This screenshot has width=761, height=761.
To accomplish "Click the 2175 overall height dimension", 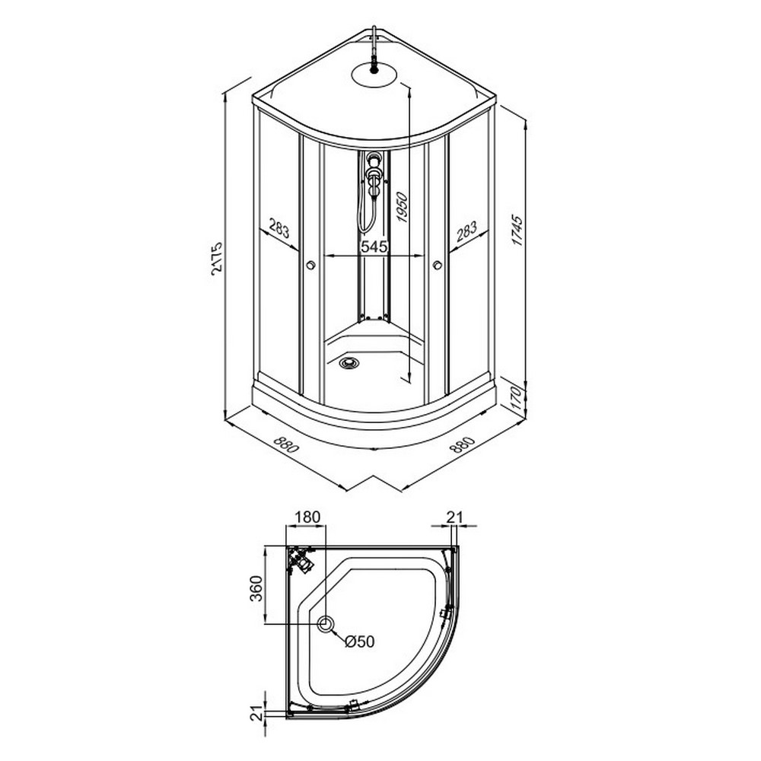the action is click(217, 258).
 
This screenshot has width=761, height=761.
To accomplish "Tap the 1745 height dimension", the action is click(517, 231).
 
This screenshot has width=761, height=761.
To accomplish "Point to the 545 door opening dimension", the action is click(374, 247).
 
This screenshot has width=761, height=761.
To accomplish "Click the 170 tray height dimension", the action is click(517, 399).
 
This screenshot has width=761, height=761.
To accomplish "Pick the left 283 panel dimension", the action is click(279, 230).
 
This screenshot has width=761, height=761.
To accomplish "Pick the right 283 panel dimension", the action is click(467, 231).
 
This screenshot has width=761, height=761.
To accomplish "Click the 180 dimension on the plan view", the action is click(307, 517).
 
